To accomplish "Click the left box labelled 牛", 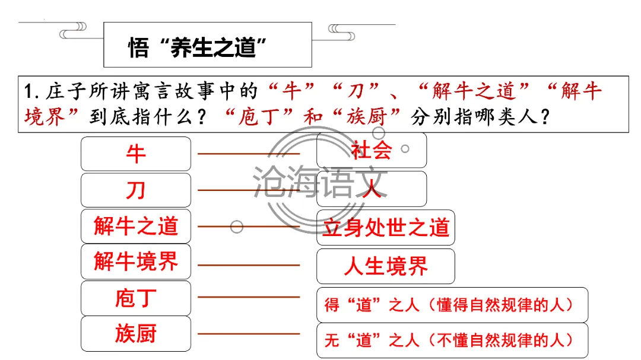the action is tap(136, 154).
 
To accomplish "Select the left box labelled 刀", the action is tap(136, 190).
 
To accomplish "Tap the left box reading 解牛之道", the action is tap(136, 226).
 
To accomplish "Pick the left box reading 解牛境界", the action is tap(136, 262).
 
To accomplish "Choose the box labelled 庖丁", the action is tap(136, 298).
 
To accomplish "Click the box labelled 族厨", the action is tap(136, 333).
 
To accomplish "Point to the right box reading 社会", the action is tap(371, 150).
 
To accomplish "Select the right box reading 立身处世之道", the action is tap(385, 228).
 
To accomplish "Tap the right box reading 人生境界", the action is tap(385, 266).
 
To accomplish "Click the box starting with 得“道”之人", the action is tap(452, 305).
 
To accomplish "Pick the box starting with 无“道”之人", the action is tap(452, 340).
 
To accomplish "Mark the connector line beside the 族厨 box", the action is tap(249, 334).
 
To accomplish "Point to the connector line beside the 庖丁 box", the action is tap(249, 297).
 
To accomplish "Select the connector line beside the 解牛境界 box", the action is tap(249, 265).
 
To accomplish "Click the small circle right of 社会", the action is tap(405, 149).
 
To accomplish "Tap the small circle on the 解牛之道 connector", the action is tap(237, 227).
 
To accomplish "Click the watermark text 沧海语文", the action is tap(320, 179).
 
